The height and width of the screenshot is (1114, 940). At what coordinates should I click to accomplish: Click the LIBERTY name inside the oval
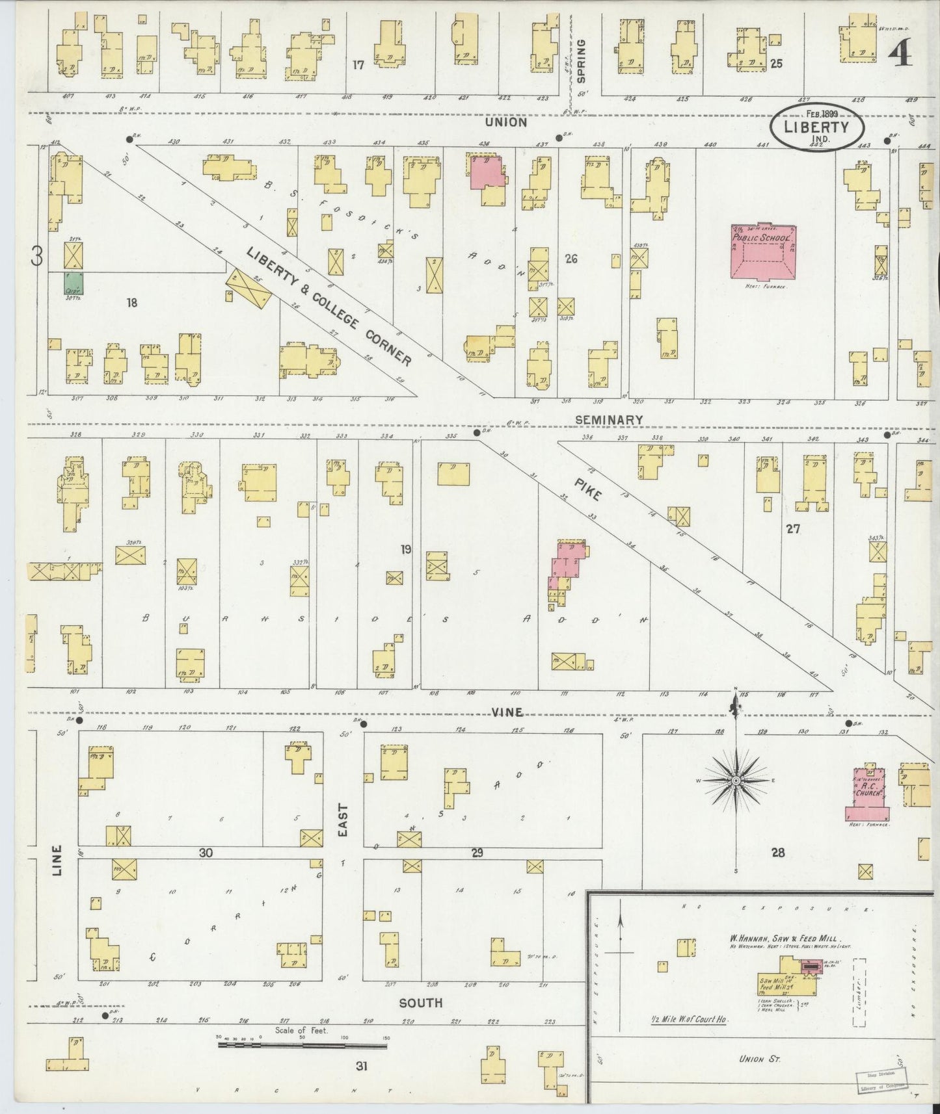(x=816, y=127)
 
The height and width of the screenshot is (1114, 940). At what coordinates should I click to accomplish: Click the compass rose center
(x=736, y=780)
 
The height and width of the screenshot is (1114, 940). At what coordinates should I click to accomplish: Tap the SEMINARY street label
(x=609, y=420)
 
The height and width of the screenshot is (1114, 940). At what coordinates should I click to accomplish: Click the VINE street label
(x=507, y=712)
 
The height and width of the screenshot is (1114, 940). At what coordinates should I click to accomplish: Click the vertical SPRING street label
(x=581, y=61)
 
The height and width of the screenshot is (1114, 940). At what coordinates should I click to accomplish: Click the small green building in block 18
(x=74, y=285)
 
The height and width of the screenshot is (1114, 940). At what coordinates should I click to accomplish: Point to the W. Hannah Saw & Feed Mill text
(x=785, y=939)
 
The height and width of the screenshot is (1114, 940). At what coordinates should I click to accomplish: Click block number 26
(x=571, y=259)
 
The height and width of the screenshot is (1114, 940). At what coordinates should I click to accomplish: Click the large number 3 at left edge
(x=38, y=258)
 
